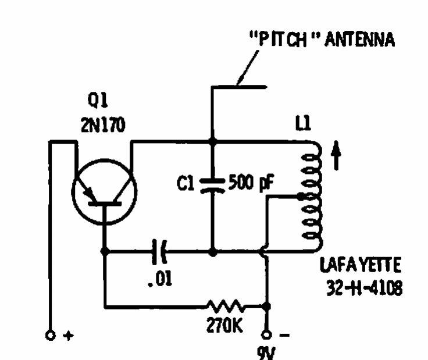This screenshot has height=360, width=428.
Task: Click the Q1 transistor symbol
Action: pyautogui.click(x=104, y=192)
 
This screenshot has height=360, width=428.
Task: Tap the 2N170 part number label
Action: pyautogui.click(x=103, y=124)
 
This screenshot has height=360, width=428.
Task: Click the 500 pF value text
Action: pyautogui.click(x=251, y=182)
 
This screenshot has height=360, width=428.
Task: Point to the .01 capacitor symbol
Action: pyautogui.click(x=160, y=251)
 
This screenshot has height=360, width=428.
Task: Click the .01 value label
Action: pyautogui.click(x=160, y=279)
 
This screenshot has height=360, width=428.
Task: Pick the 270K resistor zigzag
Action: pyautogui.click(x=226, y=306)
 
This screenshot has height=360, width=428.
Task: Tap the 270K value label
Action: pyautogui.click(x=224, y=325)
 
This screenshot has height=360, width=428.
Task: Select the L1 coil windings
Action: pyautogui.click(x=312, y=197)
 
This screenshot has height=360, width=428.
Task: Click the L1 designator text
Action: pyautogui.click(x=303, y=123)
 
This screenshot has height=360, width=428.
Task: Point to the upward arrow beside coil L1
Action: pyautogui.click(x=336, y=155)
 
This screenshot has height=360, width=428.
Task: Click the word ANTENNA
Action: pyautogui.click(x=360, y=40)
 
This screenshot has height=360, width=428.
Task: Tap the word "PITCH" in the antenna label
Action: pyautogui.click(x=284, y=39)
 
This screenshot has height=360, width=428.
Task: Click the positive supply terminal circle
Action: pyautogui.click(x=51, y=335)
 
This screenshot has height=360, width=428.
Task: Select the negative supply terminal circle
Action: pyautogui.click(x=266, y=334)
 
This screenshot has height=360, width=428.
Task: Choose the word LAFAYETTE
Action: pyautogui.click(x=361, y=265)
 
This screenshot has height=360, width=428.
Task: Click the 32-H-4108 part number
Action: pyautogui.click(x=365, y=288)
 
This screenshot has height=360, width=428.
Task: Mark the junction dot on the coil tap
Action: pyautogui.click(x=301, y=197)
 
